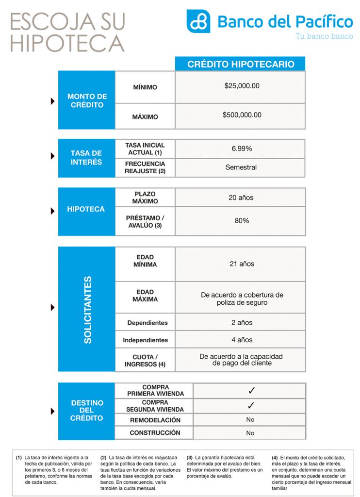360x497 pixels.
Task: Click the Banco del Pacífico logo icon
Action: point(198,21)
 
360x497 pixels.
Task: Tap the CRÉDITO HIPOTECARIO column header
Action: point(240,64)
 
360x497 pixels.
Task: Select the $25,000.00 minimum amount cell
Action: point(242,86)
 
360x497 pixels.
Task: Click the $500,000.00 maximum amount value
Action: point(242,115)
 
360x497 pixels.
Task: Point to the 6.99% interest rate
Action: point(241,149)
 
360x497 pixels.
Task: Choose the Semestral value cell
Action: point(241,167)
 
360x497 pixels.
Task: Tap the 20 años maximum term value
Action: point(241,198)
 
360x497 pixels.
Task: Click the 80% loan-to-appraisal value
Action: point(241,220)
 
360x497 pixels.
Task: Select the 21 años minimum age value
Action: point(242,264)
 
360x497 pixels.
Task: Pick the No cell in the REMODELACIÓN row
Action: point(250,419)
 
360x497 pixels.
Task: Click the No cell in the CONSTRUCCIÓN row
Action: point(250,433)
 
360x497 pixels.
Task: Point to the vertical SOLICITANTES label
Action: point(87,310)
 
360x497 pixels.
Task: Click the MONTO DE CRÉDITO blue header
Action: point(87,100)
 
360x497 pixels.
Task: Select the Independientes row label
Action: point(145,340)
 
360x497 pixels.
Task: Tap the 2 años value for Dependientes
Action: point(242,322)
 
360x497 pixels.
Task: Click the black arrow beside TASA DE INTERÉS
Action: point(53,156)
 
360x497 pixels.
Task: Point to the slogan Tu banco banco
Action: point(324,36)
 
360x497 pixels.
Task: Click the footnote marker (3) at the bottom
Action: point(190,457)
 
